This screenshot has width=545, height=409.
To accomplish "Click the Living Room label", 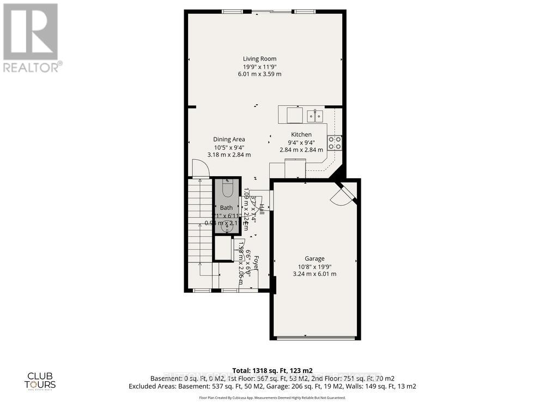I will [x=259, y=59].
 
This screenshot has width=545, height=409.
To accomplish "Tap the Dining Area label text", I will [x=229, y=139].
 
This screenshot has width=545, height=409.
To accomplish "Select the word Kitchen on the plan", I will [x=301, y=135].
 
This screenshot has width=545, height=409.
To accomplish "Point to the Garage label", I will [x=314, y=258].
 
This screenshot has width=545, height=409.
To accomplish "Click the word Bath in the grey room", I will [x=226, y=208].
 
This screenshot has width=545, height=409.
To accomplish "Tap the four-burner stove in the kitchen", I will [x=335, y=143].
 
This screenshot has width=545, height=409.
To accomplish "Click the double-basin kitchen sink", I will [x=314, y=116].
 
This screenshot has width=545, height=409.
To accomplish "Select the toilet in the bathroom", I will [x=227, y=190].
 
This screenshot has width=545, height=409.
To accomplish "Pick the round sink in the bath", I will [x=227, y=228].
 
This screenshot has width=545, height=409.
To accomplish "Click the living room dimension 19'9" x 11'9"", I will [x=259, y=67].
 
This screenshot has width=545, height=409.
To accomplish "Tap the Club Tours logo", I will [x=41, y=380].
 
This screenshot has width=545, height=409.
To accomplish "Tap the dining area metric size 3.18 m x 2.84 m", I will [x=229, y=154].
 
